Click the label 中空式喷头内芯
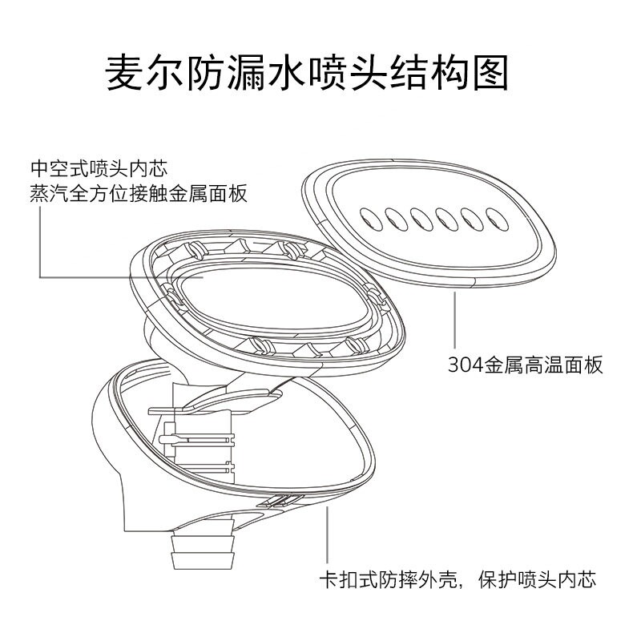tap(98, 169)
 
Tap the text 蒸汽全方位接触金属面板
tap(138, 194)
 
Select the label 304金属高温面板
tap(525, 365)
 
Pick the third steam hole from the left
tap(419, 216)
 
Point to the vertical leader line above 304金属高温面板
tap(455, 320)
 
